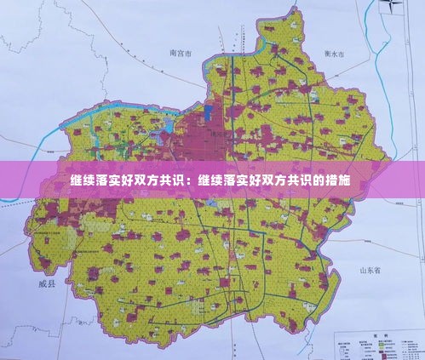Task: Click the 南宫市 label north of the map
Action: click(181, 54)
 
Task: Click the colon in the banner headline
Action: click(190, 182)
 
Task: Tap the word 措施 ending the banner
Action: click(338, 181)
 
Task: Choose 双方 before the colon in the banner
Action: click(145, 181)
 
